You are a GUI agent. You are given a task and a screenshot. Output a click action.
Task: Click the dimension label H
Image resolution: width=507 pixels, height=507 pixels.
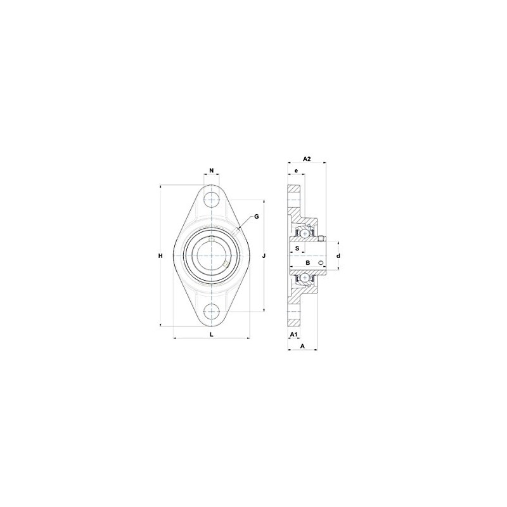tap(161, 255)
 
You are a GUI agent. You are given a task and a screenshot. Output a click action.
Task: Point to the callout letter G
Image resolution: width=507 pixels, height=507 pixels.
tap(256, 217)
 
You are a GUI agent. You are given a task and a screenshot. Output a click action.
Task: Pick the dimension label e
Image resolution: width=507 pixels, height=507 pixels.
tap(295, 171)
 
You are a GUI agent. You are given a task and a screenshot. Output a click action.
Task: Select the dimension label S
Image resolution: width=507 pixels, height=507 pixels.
tap(297, 249)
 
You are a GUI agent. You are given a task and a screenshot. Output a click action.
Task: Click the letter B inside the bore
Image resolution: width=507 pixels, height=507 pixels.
tap(307, 262)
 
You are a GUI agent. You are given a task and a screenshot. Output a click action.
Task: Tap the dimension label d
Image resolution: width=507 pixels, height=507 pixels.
tap(338, 255)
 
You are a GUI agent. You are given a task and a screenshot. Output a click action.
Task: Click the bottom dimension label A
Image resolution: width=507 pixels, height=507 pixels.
tap(302, 346)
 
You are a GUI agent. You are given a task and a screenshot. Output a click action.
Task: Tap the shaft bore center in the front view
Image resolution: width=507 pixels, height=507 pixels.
tap(212, 255)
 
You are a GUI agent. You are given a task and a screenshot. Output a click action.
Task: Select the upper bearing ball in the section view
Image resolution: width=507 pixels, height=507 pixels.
tap(305, 234)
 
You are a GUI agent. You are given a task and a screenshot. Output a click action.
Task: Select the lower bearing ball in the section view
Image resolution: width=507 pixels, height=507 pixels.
tap(305, 277)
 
